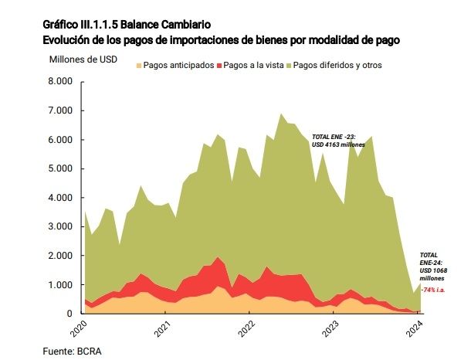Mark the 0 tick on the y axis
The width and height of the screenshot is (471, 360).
click(x=69, y=314)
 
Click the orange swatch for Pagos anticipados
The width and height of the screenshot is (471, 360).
click(x=139, y=65)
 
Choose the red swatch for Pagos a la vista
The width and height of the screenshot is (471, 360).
click(x=220, y=65)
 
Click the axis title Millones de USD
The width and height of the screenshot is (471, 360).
click(x=83, y=59)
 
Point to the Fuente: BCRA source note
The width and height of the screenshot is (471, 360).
click(x=72, y=351)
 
